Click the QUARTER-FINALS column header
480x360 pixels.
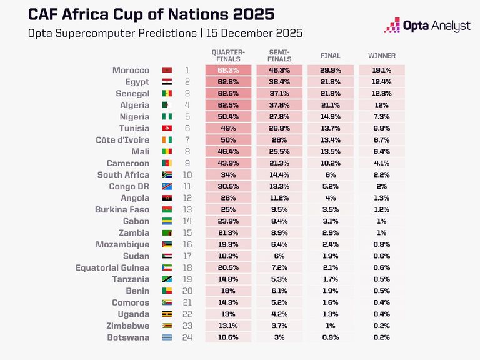point(228,56)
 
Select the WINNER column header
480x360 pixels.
point(381,56)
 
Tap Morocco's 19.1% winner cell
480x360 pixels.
point(381,71)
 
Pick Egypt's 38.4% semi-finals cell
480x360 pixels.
point(279,82)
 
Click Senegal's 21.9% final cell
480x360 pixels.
point(330,93)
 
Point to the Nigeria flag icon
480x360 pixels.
point(167,117)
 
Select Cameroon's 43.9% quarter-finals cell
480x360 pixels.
point(228,163)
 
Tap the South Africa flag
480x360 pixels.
point(167,175)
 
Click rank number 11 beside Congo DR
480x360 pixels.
point(186,187)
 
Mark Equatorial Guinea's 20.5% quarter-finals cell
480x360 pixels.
point(228,268)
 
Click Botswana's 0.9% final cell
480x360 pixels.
point(330,337)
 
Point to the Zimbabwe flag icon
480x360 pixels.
point(167,326)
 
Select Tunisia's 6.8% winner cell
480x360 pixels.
point(381,128)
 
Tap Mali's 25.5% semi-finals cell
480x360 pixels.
point(279,152)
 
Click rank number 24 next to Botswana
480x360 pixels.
point(186,337)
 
